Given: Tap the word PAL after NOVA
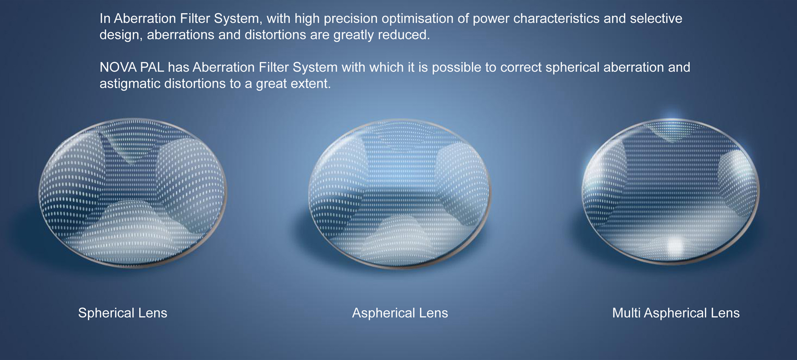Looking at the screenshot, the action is pos(152,67).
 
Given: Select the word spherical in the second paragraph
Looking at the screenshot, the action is pos(572,67).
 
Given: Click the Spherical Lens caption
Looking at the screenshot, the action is pos(123,313).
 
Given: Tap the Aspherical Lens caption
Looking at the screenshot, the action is pos(400,313).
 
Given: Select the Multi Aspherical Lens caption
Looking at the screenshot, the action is pos(676,313).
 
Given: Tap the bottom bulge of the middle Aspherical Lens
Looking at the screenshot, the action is pos(402,239).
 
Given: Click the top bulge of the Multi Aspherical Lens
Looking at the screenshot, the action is pos(672,130).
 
